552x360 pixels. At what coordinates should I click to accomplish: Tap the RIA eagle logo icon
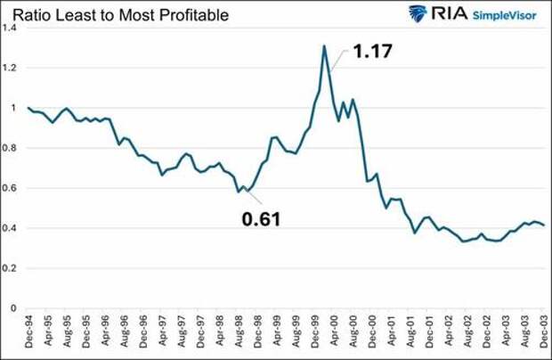418,13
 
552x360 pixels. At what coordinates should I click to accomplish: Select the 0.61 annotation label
260,217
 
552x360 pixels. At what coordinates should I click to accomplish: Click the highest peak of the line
324,45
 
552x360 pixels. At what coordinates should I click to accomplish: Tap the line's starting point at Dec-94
28,108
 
